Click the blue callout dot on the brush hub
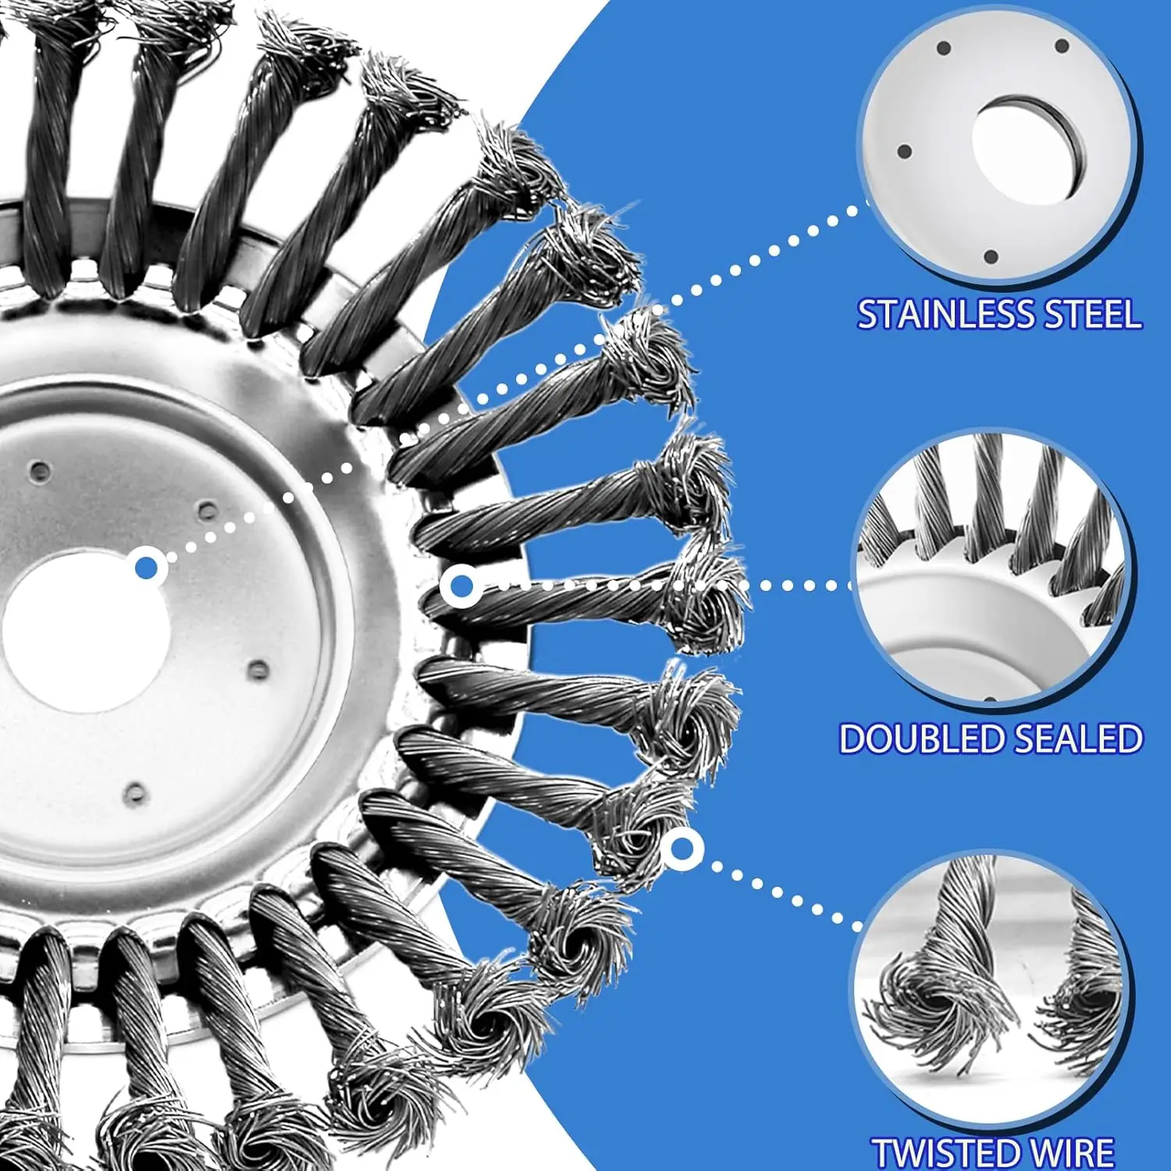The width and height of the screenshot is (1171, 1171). point(147,568)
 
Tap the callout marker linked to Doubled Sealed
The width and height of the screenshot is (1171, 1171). point(461,585)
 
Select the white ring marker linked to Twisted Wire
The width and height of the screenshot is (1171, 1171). point(682,848)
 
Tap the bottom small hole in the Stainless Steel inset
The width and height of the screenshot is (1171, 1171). point(991,256)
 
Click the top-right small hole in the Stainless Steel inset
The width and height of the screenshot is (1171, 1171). point(1062,46)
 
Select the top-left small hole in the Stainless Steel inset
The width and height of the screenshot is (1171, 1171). point(942,48)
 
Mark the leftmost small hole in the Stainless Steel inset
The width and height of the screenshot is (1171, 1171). point(905,151)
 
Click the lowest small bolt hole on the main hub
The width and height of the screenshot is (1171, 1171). point(135,793)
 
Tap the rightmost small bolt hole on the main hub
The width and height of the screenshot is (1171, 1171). point(258,669)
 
